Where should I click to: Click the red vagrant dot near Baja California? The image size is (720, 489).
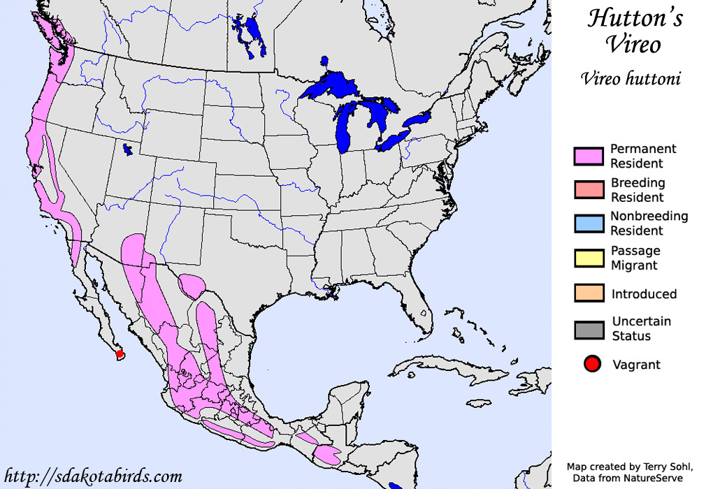120,354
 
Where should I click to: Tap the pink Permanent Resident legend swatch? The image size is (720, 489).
589,156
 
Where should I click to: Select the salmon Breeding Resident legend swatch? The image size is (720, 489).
589,190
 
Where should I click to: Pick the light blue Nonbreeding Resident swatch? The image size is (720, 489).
589,224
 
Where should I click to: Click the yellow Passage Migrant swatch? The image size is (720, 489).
589,258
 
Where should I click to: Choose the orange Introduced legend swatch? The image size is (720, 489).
589,293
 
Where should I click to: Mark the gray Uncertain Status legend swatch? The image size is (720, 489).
589,329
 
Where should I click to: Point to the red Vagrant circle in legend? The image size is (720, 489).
592,364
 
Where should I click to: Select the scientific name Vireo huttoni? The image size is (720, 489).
631,78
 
